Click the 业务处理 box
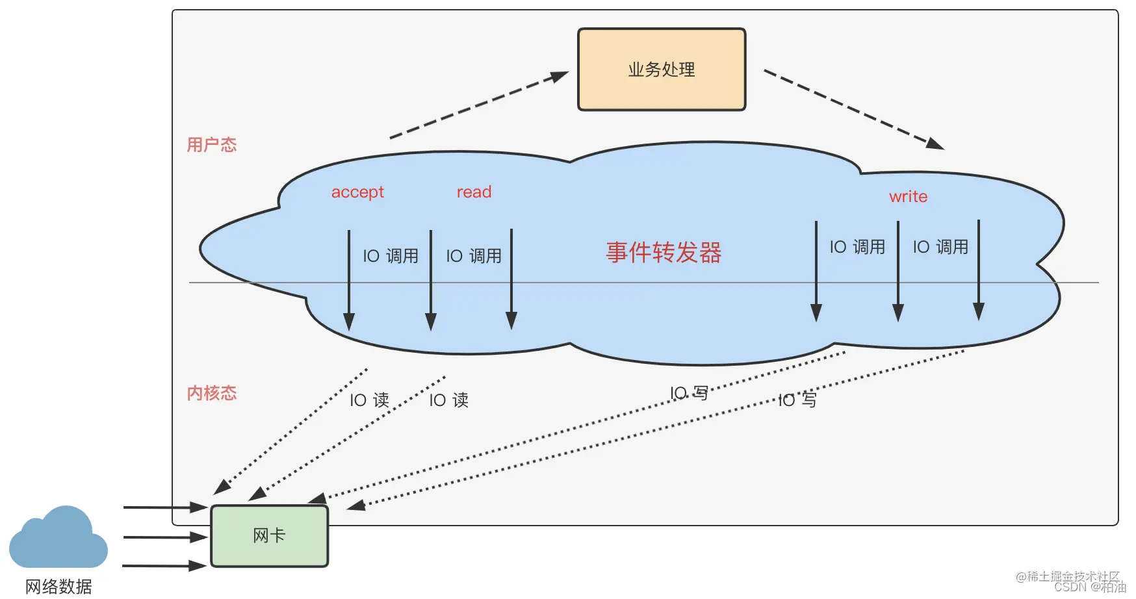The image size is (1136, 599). pos(662,70)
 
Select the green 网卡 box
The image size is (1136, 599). pos(269,536)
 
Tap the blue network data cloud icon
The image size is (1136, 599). pos(58,539)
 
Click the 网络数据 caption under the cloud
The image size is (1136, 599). pos(58,587)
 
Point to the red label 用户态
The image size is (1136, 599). pos(212,145)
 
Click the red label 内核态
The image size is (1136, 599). pos(212,393)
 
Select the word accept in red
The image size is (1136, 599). pos(357,192)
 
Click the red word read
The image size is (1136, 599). pos(474,192)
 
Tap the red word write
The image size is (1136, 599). pos(908,197)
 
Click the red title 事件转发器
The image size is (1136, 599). pos(664,253)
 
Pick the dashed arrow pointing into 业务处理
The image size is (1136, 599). pos(479,105)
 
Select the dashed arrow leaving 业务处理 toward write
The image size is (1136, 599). pos(853,109)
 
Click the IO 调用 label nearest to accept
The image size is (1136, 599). pos(390,256)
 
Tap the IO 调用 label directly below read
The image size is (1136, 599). pos(473,256)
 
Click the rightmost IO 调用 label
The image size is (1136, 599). pos(940,247)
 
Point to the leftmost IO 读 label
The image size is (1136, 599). pos(369,400)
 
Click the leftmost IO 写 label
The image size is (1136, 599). pos(689,393)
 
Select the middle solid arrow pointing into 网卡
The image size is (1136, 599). pos(165,537)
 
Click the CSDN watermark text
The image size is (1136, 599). pos(1089,587)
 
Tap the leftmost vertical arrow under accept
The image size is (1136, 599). pos(349,279)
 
